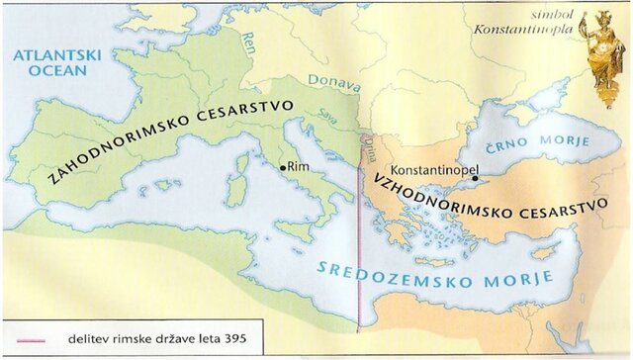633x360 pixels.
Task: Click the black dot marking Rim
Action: (x=283, y=168)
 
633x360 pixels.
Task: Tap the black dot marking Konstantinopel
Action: (x=475, y=179)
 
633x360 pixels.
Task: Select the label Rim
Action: (x=298, y=169)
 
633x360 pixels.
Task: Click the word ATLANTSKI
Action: (x=49, y=55)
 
